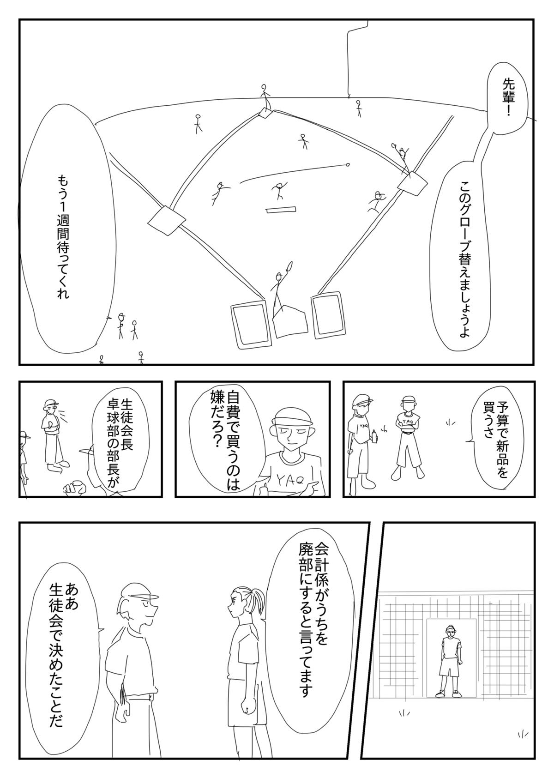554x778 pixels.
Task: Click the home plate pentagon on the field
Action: click(289, 321)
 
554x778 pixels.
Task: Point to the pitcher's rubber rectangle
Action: click(281, 209)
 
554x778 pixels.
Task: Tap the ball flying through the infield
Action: click(347, 165)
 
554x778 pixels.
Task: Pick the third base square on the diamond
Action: click(166, 221)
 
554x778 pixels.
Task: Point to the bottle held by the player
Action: click(374, 436)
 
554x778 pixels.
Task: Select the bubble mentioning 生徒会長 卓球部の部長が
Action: click(118, 441)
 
